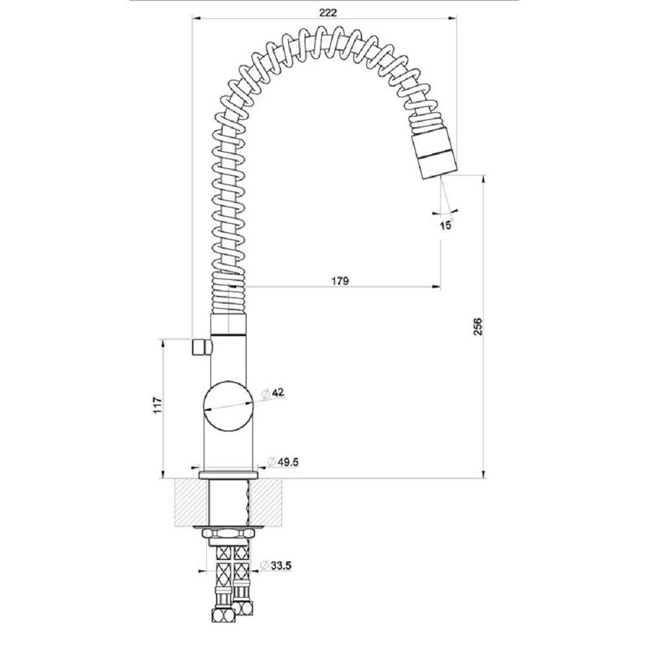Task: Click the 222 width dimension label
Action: pos(328,12)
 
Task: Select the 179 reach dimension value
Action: pos(340,281)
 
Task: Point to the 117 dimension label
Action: pos(156,406)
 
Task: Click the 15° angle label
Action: pos(447,225)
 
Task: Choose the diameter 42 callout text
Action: pos(273,393)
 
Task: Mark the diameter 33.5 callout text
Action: pos(275,565)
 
